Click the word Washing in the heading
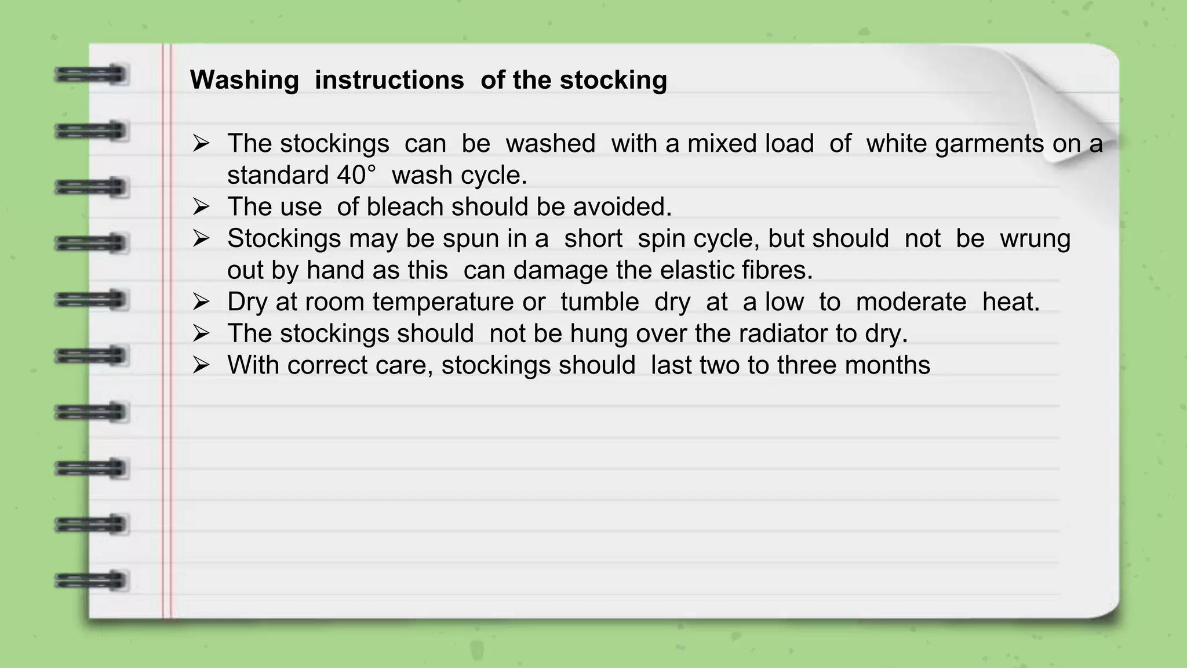(244, 80)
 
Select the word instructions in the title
(389, 80)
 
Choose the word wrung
(1035, 239)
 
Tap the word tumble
(599, 302)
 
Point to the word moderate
(911, 302)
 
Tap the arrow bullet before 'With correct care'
(201, 365)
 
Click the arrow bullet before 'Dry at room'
(201, 302)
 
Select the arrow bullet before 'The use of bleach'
(201, 207)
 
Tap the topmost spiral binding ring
(90, 75)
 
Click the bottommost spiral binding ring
(90, 580)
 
